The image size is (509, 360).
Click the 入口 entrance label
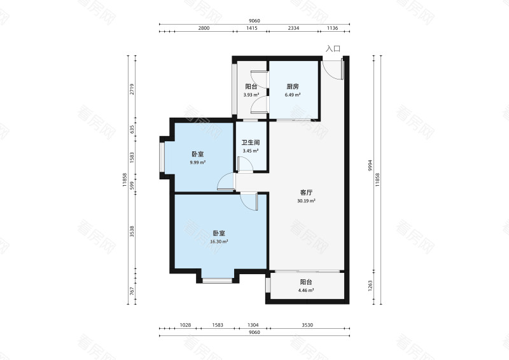pyautogui.click(x=333, y=49)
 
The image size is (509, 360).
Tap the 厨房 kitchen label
pyautogui.click(x=293, y=87)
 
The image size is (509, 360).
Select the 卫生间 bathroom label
pyautogui.click(x=251, y=142)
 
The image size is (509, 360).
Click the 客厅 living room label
pyautogui.click(x=306, y=193)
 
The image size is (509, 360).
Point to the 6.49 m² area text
pyautogui.click(x=293, y=95)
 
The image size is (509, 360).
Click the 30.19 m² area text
pyautogui.click(x=306, y=200)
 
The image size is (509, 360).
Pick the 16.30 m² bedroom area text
pyautogui.click(x=219, y=242)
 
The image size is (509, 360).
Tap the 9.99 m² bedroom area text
pyautogui.click(x=198, y=162)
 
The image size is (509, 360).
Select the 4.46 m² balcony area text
pyautogui.click(x=306, y=290)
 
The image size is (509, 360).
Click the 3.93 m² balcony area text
pyautogui.click(x=251, y=95)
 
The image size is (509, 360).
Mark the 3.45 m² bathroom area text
pyautogui.click(x=251, y=151)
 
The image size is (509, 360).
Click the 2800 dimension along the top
pyautogui.click(x=204, y=28)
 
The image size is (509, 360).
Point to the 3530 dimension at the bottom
pyautogui.click(x=307, y=325)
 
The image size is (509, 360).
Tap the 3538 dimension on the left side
pyautogui.click(x=132, y=232)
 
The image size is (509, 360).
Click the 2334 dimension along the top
pyautogui.click(x=293, y=28)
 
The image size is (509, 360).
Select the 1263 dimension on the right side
pyautogui.click(x=370, y=286)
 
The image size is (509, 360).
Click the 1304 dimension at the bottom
pyautogui.click(x=253, y=325)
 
